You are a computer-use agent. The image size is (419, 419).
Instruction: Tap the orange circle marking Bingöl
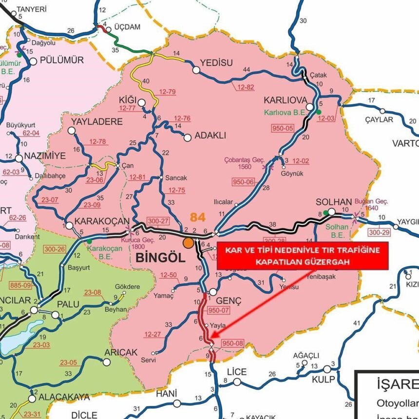(x=188, y=242)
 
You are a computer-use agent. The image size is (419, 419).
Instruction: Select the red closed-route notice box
(x=302, y=255)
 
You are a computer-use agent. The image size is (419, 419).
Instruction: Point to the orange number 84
(x=198, y=217)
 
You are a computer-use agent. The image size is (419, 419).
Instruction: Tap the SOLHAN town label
(x=333, y=202)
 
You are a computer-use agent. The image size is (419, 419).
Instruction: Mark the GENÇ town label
(x=229, y=301)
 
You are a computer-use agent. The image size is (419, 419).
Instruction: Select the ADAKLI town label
(x=210, y=136)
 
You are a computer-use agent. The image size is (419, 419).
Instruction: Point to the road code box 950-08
(x=232, y=343)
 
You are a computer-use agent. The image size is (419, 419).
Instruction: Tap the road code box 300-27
(x=158, y=221)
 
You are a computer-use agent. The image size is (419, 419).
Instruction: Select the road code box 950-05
(x=284, y=128)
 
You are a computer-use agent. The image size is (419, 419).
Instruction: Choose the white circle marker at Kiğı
(x=141, y=102)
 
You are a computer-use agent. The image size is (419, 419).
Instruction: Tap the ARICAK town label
(x=121, y=352)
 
